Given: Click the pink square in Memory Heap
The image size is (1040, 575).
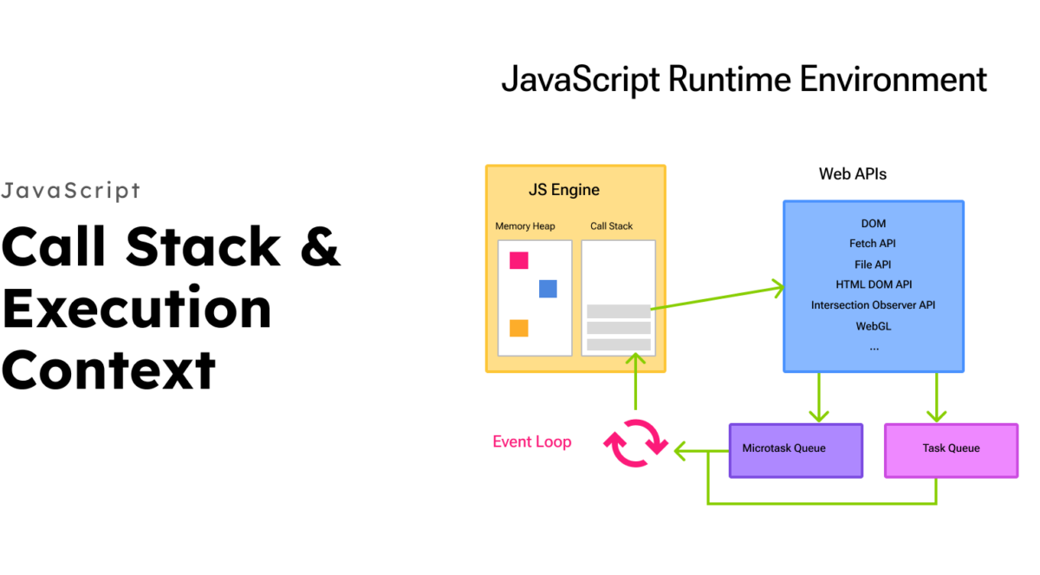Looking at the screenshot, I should click(518, 260).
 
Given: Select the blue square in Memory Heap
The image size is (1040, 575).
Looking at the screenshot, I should click(548, 289).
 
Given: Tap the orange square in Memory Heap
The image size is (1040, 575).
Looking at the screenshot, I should click(518, 328).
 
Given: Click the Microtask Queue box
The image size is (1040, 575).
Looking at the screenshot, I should click(796, 450).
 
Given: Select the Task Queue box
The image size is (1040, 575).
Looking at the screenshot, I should click(951, 450).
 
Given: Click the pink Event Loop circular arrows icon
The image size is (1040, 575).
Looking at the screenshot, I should click(636, 442).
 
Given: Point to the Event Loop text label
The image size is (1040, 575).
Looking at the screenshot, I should click(531, 441).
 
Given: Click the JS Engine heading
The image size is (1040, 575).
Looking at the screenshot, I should click(563, 190).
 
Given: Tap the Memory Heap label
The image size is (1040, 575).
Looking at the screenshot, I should click(525, 226).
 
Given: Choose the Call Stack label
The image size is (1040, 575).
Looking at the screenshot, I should click(612, 226).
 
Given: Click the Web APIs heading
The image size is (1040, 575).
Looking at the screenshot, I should click(853, 173).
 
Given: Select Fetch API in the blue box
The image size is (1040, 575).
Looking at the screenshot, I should click(873, 244).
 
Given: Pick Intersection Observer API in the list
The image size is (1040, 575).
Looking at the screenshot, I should click(873, 305).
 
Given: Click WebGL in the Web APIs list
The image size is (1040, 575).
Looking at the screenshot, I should click(873, 326).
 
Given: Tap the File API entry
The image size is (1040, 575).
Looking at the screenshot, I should click(873, 265).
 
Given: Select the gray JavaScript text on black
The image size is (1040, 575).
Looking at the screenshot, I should click(70, 191).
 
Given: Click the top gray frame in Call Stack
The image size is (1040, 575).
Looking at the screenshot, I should click(618, 311).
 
